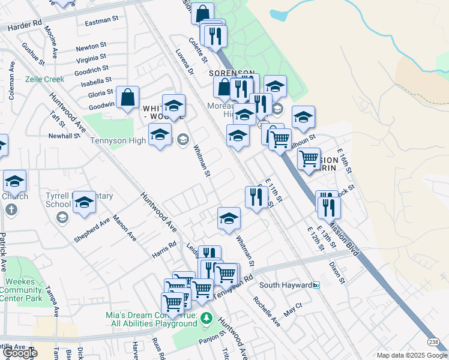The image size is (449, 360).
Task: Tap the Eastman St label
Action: [102, 20]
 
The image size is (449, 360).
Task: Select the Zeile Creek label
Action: [44, 79]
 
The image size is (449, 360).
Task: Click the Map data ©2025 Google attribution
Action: [411, 355]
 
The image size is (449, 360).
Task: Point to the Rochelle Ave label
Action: [267, 311]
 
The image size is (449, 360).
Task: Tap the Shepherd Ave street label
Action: [92, 230]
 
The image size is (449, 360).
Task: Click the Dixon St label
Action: [336, 272]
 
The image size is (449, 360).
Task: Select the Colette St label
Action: [196, 52]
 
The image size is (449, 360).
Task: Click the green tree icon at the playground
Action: [206, 317]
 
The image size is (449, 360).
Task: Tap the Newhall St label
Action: [64, 136]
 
